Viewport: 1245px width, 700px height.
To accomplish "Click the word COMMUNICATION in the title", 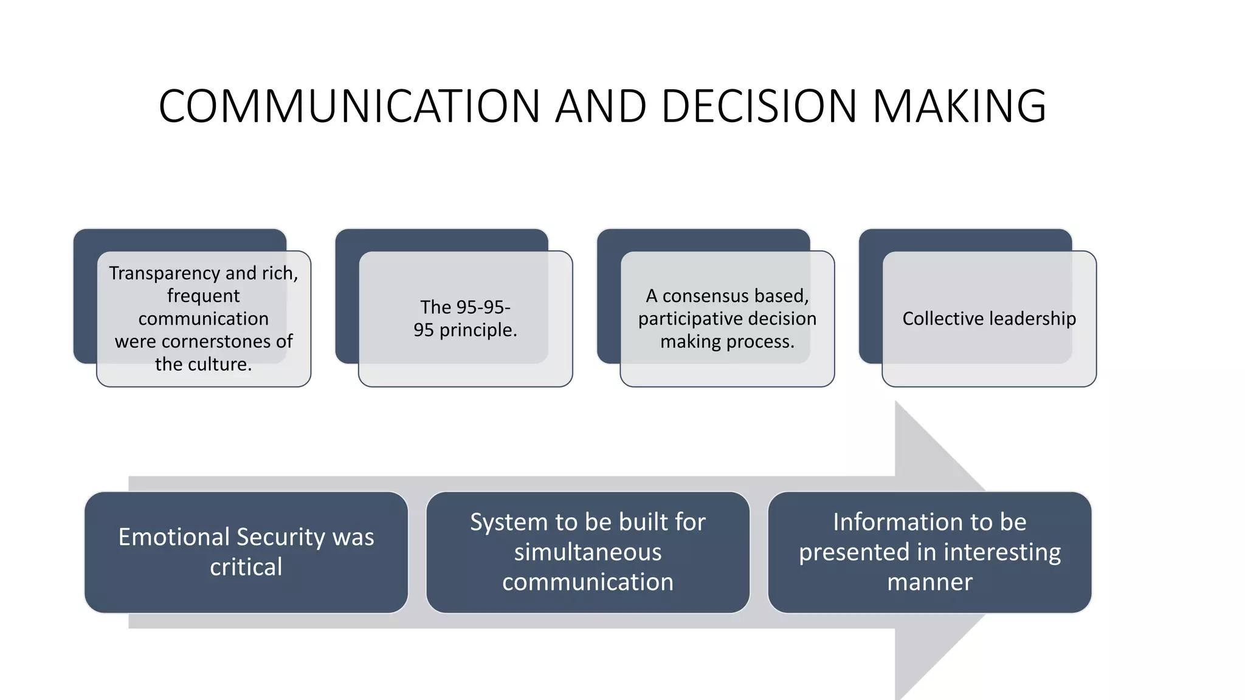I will pos(349,106).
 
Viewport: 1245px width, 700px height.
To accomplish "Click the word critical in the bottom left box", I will pos(246,567).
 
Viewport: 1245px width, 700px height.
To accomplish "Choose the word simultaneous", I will pos(587,552).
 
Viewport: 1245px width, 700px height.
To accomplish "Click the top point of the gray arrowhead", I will pos(897,403).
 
